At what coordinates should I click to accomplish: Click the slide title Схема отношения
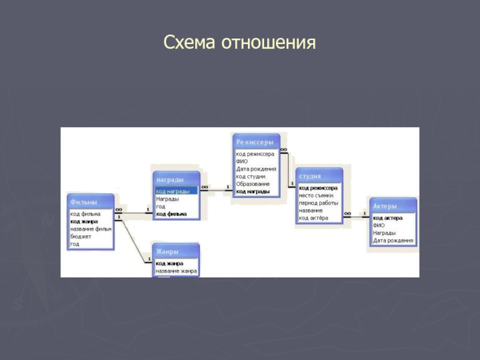[x=239, y=43]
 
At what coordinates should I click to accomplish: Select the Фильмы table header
[x=90, y=201]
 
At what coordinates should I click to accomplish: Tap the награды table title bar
[x=176, y=179]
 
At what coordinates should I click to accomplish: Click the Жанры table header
[x=176, y=251]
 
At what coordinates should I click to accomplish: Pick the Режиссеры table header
[x=256, y=142]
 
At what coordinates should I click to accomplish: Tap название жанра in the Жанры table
[x=176, y=271]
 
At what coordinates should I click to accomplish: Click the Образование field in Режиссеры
[x=253, y=184]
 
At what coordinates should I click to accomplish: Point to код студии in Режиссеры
[x=251, y=176]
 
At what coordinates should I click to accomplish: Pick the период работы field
[x=319, y=203]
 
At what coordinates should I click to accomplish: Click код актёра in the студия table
[x=314, y=218]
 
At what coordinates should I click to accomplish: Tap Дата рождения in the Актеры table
[x=393, y=241]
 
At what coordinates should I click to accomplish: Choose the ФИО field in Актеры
[x=379, y=225]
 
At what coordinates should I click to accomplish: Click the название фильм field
[x=91, y=229]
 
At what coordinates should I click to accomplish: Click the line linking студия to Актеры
[x=356, y=215]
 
